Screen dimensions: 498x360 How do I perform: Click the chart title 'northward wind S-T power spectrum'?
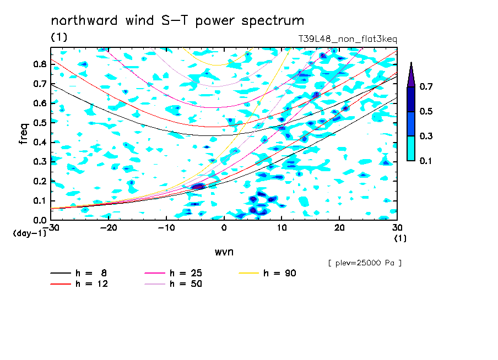pyautogui.click(x=177, y=21)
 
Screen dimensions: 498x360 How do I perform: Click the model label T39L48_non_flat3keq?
pyautogui.click(x=348, y=39)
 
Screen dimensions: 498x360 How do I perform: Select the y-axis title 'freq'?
pyautogui.click(x=24, y=134)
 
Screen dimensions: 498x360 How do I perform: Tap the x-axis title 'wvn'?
pyautogui.click(x=224, y=252)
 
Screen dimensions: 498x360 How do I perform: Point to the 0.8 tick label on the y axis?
pyautogui.click(x=40, y=64)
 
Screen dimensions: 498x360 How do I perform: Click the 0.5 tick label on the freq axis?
pyautogui.click(x=40, y=123)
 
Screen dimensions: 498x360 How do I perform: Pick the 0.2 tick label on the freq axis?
pyautogui.click(x=40, y=181)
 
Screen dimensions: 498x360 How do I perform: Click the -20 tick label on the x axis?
pyautogui.click(x=109, y=228)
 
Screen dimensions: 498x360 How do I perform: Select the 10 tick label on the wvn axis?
pyautogui.click(x=282, y=228)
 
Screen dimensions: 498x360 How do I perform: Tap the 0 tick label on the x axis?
pyautogui.click(x=224, y=228)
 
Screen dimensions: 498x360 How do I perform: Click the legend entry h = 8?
pyautogui.click(x=79, y=273)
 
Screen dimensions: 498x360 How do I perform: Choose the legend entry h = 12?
pyautogui.click(x=79, y=283)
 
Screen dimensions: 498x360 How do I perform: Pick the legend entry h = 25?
pyautogui.click(x=174, y=273)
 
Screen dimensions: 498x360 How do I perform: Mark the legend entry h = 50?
pyautogui.click(x=174, y=283)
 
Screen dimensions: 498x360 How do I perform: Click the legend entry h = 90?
pyautogui.click(x=267, y=273)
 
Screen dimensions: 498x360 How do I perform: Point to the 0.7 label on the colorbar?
pyautogui.click(x=426, y=86)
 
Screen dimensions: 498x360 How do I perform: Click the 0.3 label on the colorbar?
pyautogui.click(x=426, y=136)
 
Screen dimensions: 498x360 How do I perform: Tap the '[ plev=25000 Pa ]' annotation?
pyautogui.click(x=365, y=263)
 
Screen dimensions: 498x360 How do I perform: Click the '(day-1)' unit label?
pyautogui.click(x=30, y=233)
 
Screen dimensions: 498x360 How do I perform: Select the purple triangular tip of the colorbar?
pyautogui.click(x=411, y=75)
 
